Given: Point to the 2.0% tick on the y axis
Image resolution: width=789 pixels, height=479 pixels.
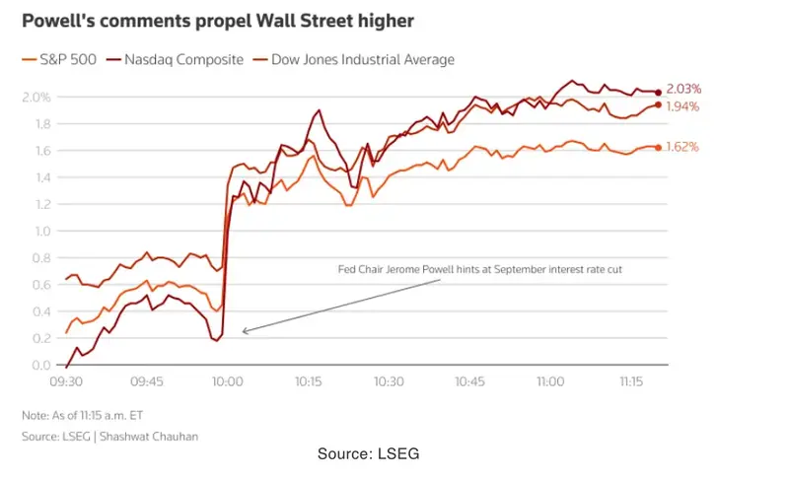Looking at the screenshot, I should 36,97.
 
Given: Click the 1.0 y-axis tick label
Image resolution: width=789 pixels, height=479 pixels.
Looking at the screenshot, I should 40,232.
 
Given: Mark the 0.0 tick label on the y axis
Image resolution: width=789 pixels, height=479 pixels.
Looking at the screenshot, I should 40,366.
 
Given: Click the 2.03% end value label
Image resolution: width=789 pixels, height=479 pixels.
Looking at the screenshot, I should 683,89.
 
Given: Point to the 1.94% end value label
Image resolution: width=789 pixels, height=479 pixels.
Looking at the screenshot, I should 683,105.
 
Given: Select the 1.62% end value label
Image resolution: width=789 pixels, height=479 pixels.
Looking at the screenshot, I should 683,147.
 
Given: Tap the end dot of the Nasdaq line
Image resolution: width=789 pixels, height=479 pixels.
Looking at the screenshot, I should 659,93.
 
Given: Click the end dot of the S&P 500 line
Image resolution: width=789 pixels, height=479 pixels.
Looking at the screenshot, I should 659,148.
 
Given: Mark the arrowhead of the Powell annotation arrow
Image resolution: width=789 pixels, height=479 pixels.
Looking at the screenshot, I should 244,331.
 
